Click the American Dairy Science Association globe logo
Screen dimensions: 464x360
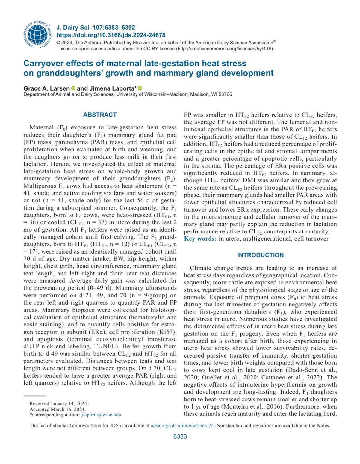click(37, 35)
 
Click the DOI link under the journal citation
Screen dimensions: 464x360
click(111, 35)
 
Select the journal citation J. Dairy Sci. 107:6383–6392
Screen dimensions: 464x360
click(96, 28)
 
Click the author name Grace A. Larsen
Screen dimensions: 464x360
click(46, 88)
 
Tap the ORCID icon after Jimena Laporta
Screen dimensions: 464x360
click(140, 88)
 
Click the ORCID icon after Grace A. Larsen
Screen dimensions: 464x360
click(73, 88)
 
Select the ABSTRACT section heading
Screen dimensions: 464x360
click(100, 115)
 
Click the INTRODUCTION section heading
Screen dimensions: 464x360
click(260, 255)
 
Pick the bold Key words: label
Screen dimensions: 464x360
click(200, 239)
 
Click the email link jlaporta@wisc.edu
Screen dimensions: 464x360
click(101, 415)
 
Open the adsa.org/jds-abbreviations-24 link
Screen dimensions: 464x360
click(182, 425)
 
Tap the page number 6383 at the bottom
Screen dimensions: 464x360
click(180, 436)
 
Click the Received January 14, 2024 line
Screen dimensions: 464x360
click(59, 404)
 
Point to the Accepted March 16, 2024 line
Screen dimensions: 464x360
click(58, 409)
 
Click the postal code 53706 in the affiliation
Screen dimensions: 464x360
click(225, 94)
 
